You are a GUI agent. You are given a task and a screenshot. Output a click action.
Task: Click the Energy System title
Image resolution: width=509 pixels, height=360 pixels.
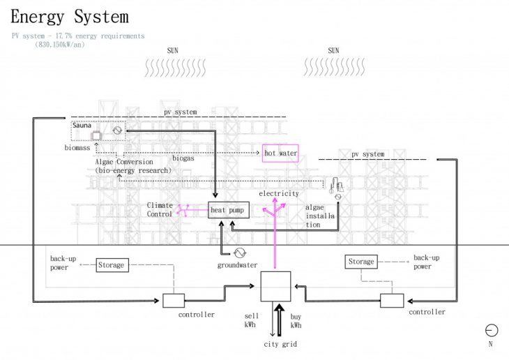tap(70, 16)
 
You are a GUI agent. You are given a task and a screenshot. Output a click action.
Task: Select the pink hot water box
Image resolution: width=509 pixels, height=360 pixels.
tap(280, 153)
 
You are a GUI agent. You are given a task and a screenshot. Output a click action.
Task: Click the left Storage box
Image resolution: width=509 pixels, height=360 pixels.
tap(112, 265)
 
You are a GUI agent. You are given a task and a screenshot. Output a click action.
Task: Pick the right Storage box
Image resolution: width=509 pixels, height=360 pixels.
tap(361, 262)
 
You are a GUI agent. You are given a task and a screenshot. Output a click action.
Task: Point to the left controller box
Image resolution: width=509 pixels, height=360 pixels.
tap(173, 301)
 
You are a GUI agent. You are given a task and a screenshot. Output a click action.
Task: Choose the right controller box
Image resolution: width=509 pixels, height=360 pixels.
tap(392, 301)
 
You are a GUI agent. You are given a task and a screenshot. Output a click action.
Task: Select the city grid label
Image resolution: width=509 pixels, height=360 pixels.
tap(280, 345)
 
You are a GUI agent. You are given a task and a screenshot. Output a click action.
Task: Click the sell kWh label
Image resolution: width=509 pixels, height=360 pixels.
tap(252, 320)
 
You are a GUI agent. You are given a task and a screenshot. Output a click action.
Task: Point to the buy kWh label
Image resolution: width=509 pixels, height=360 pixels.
tap(296, 320)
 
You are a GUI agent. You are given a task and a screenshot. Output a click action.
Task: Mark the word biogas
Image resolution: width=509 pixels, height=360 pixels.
tap(183, 159)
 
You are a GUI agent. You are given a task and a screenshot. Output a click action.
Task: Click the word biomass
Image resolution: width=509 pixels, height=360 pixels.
tap(77, 148)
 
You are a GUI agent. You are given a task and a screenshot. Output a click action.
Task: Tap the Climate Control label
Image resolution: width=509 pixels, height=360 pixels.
tap(160, 209)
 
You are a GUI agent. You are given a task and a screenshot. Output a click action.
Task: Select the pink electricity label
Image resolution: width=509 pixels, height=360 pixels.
tap(278, 193)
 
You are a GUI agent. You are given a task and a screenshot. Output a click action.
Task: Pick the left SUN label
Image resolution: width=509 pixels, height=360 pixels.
tap(173, 50)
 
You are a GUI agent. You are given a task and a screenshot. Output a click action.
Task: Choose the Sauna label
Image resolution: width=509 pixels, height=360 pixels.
tap(83, 126)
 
